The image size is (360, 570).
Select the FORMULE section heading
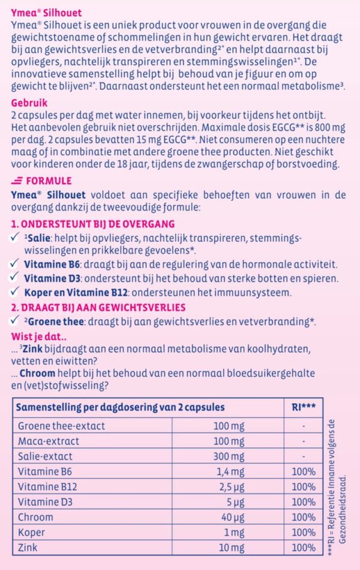(x=44, y=181)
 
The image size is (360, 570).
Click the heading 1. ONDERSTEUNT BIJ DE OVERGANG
(x=93, y=224)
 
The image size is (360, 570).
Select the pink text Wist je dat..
(x=38, y=335)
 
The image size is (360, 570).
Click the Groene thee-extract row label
(x=61, y=425)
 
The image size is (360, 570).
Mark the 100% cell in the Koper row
(x=303, y=532)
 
